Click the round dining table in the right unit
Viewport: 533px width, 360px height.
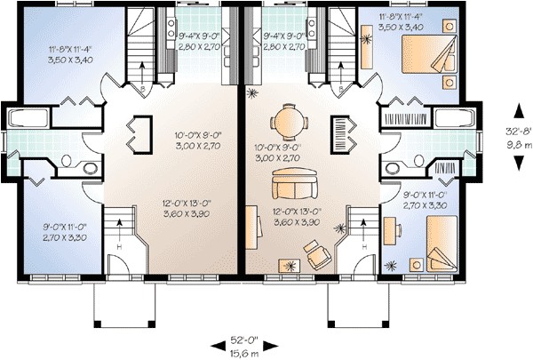[286, 120]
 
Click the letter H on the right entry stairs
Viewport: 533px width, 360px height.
[361, 245]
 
